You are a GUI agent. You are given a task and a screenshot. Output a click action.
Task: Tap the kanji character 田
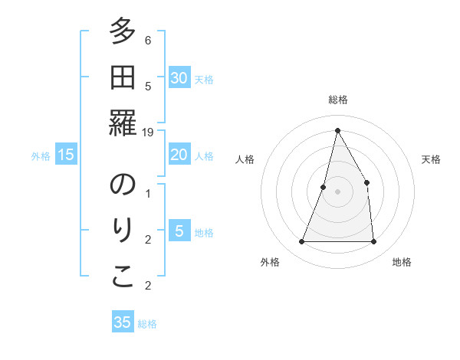click(123, 78)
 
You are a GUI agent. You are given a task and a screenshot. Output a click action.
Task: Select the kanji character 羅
click(123, 123)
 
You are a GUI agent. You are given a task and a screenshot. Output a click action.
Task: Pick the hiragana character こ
click(123, 277)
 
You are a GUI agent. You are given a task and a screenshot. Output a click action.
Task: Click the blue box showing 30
click(179, 78)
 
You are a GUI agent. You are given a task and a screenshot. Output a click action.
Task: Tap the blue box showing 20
click(179, 155)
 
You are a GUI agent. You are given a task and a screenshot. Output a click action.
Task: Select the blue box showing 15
click(66, 155)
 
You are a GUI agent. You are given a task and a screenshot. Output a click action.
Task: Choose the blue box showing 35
click(123, 322)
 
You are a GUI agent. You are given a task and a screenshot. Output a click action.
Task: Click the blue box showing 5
click(179, 231)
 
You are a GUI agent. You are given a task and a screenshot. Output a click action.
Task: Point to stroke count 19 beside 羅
click(149, 132)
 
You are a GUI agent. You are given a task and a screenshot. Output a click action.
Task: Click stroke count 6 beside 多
click(148, 40)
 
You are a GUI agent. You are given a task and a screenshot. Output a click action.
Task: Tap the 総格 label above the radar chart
click(337, 100)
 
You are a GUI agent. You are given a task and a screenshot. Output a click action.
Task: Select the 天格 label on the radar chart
click(431, 159)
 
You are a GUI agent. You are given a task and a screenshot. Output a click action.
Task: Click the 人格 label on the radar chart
click(245, 159)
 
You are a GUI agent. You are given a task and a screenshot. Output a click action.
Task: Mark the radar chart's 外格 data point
click(301, 242)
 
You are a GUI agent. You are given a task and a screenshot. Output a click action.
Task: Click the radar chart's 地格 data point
click(373, 242)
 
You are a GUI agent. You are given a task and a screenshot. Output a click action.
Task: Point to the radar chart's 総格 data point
click(337, 130)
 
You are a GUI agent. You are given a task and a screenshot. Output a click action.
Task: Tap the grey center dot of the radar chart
click(337, 191)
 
